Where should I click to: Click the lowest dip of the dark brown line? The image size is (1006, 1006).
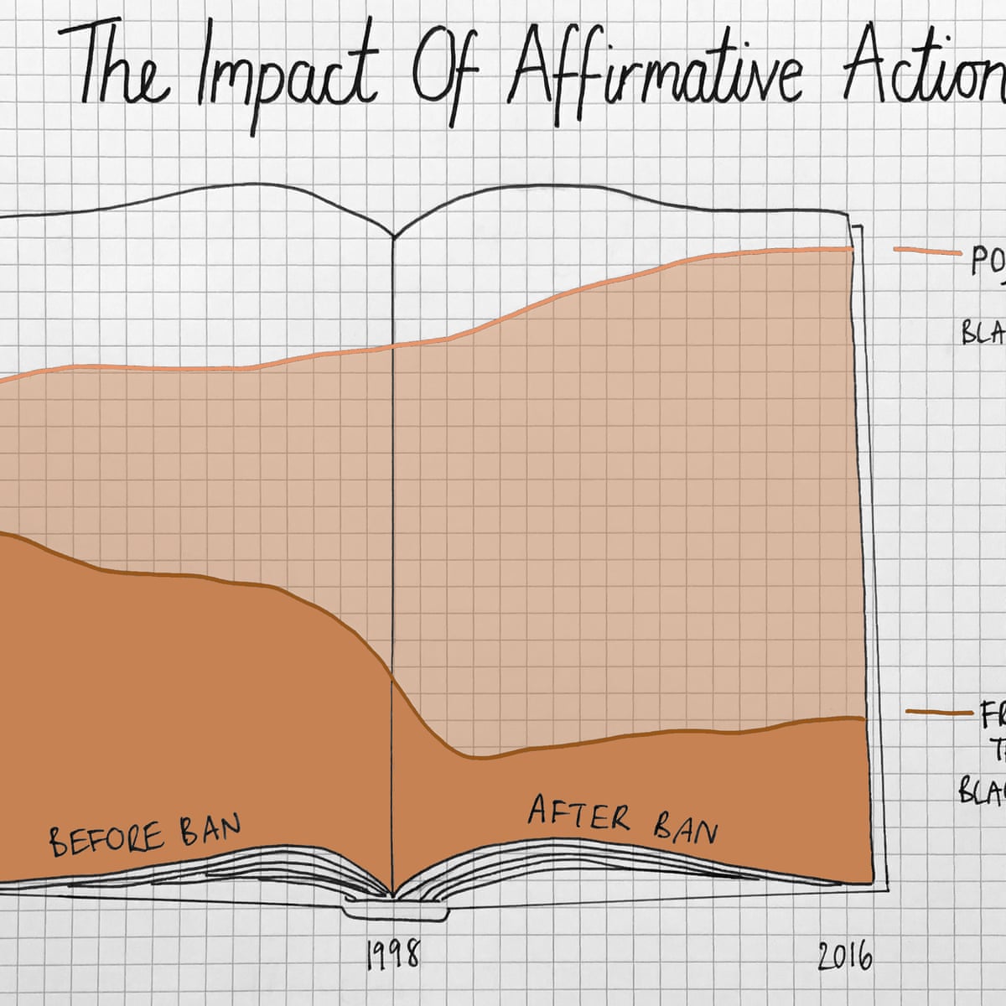point(474,758)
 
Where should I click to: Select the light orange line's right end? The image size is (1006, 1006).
point(852,249)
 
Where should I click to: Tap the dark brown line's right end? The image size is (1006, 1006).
point(863,718)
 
